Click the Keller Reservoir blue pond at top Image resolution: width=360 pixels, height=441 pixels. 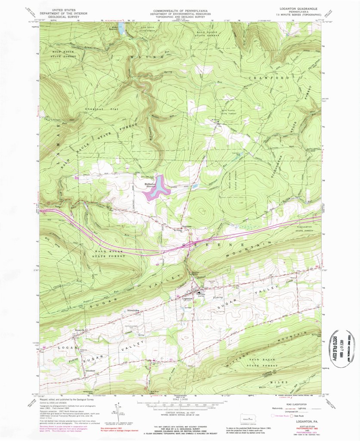click(121, 29)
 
